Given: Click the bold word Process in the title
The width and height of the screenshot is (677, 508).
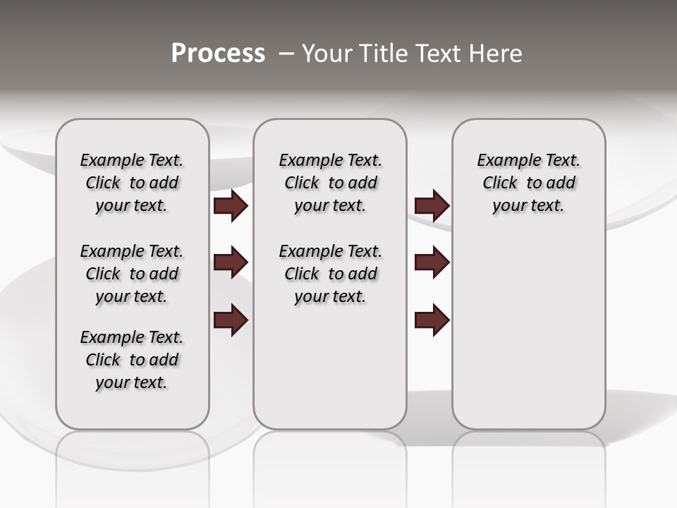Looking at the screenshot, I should (x=218, y=54).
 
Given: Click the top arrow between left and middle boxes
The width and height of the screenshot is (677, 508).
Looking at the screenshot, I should (x=231, y=206).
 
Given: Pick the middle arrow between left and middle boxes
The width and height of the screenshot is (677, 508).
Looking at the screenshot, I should (x=231, y=262).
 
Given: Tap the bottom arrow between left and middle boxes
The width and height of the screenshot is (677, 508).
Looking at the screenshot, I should (x=231, y=320).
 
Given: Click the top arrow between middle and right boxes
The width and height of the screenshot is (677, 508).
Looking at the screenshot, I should (x=432, y=206).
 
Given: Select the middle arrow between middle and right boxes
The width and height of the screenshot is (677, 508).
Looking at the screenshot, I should (x=432, y=262).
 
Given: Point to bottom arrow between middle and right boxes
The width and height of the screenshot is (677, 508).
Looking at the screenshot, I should (x=432, y=320).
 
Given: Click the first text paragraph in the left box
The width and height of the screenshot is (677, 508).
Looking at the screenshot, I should (x=132, y=183).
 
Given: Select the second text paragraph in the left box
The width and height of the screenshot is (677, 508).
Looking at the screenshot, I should (x=132, y=274).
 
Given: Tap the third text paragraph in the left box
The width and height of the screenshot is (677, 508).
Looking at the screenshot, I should (x=132, y=360).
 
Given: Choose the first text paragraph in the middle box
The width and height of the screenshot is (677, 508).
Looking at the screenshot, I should (x=330, y=183).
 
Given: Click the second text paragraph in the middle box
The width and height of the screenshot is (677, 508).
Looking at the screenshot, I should (x=330, y=274).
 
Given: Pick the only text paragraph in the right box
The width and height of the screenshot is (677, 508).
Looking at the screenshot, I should (x=528, y=183).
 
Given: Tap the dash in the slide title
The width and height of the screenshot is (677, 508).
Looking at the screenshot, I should (x=286, y=54).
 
